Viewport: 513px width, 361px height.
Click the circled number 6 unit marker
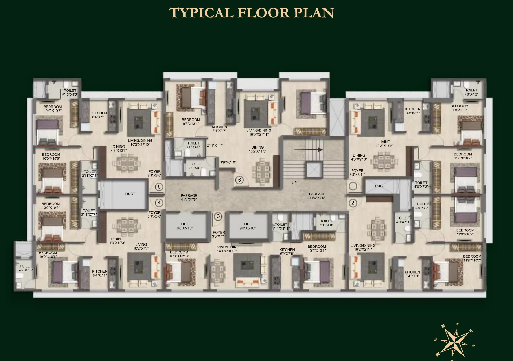click(x=239, y=180)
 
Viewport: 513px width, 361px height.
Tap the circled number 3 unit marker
click(x=218, y=216)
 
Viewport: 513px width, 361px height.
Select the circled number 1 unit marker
click(x=353, y=186)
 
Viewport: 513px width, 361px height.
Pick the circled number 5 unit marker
click(x=159, y=187)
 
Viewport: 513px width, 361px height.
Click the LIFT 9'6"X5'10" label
click(x=185, y=226)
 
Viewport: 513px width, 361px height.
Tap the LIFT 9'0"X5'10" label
click(x=247, y=226)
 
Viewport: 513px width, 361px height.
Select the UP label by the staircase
click(x=294, y=183)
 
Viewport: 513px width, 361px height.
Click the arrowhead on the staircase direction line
click(x=321, y=150)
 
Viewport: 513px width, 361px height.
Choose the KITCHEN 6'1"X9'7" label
click(x=219, y=129)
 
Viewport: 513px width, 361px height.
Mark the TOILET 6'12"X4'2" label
click(x=70, y=93)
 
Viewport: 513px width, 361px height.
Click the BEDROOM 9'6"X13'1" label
click(x=191, y=122)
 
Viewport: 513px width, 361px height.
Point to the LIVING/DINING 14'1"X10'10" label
click(x=227, y=249)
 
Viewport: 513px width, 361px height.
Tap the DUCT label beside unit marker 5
click(x=130, y=194)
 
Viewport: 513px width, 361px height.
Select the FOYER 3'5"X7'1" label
click(x=219, y=234)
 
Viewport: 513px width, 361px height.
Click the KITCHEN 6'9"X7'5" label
click(x=287, y=252)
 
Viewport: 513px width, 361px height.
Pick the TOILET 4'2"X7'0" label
click(x=26, y=268)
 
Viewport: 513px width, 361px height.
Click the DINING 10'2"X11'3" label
click(x=257, y=149)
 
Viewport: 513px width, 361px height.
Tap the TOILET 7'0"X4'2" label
click(x=471, y=92)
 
